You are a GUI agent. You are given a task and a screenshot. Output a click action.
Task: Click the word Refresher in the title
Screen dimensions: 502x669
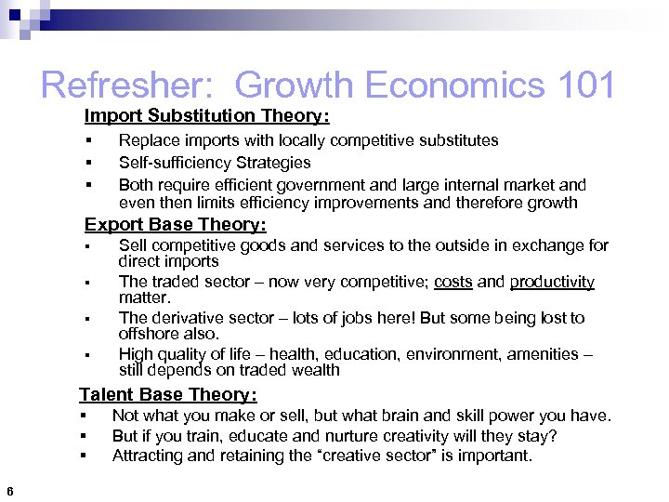129,86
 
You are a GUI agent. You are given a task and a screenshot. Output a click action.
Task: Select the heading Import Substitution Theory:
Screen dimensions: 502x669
206,116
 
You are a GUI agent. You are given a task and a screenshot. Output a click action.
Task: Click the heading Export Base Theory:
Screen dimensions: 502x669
175,225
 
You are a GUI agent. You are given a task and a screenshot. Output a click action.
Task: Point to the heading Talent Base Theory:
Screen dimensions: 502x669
167,395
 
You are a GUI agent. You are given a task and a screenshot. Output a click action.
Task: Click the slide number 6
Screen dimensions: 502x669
8,492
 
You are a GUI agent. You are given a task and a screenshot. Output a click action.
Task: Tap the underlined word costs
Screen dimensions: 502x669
453,282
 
